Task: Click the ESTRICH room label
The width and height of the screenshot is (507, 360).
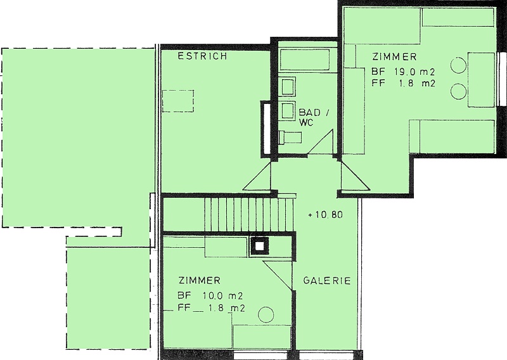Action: coord(202,56)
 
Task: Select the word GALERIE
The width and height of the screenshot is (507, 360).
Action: coord(327,280)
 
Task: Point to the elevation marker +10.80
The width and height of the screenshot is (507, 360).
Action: coord(325,215)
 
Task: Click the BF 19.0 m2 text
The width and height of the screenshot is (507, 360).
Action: coord(403,72)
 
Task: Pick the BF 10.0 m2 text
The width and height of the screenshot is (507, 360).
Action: coord(210,295)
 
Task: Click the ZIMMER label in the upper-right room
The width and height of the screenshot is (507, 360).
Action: coord(394,57)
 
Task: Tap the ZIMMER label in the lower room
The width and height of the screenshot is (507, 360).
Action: coord(200,280)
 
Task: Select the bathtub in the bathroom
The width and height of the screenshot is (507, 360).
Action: coord(305,60)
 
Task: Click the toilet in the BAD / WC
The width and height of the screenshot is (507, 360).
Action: coord(290,137)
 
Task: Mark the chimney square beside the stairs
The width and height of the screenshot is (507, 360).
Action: coord(259,247)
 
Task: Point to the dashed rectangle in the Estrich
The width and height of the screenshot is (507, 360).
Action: coord(178,101)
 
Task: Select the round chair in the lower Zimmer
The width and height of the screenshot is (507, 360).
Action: coord(266,314)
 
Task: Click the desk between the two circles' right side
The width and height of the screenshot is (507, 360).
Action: coord(481,80)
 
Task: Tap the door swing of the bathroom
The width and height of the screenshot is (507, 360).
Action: coord(320,142)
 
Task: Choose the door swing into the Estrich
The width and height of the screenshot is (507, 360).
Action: coord(257,176)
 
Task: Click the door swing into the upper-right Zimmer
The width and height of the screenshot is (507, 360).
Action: coord(355,175)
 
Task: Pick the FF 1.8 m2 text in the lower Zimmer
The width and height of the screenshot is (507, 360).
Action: coord(211,308)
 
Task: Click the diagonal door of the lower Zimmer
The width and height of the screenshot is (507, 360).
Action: coord(277,276)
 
